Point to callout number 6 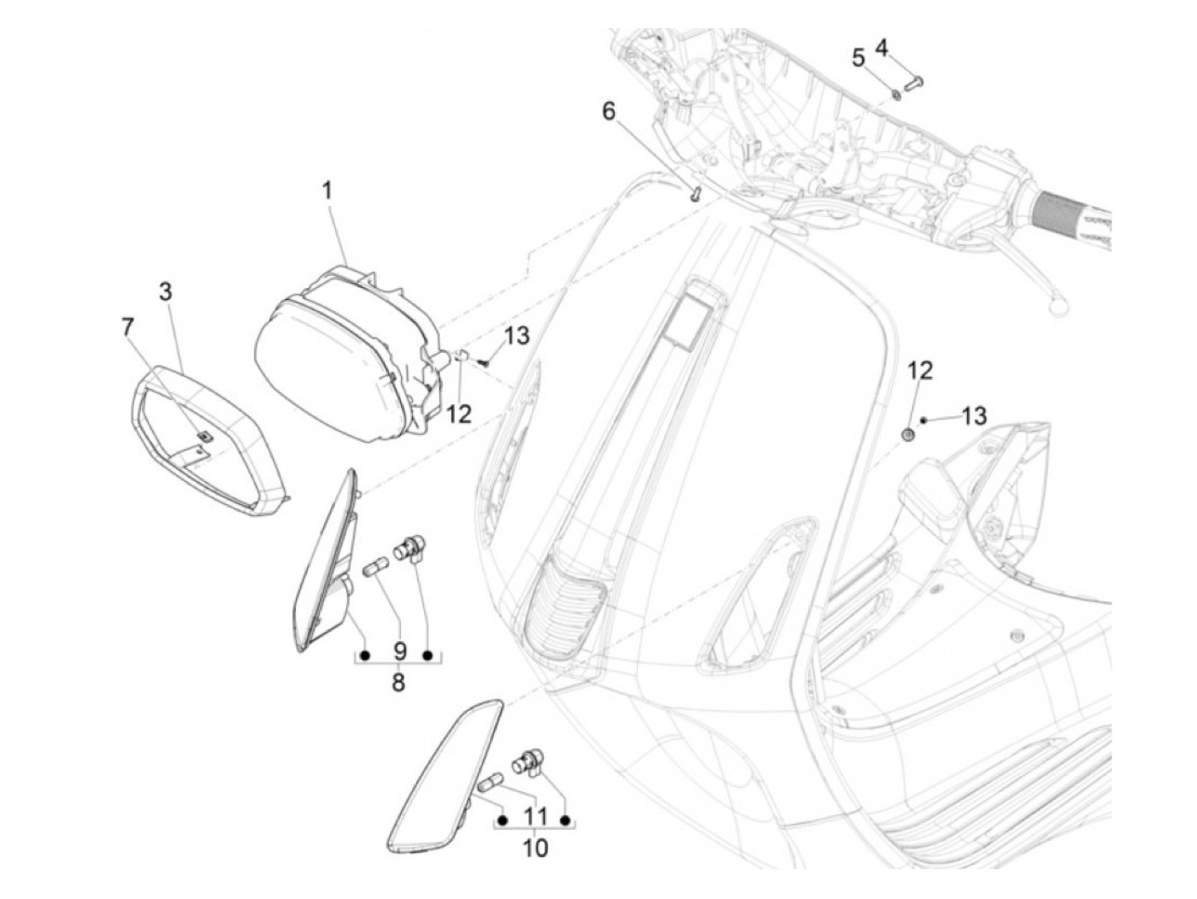pos(609,112)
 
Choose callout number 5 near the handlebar pos(858,58)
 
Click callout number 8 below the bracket pos(398,683)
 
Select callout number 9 pos(398,651)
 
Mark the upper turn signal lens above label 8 pos(329,564)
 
